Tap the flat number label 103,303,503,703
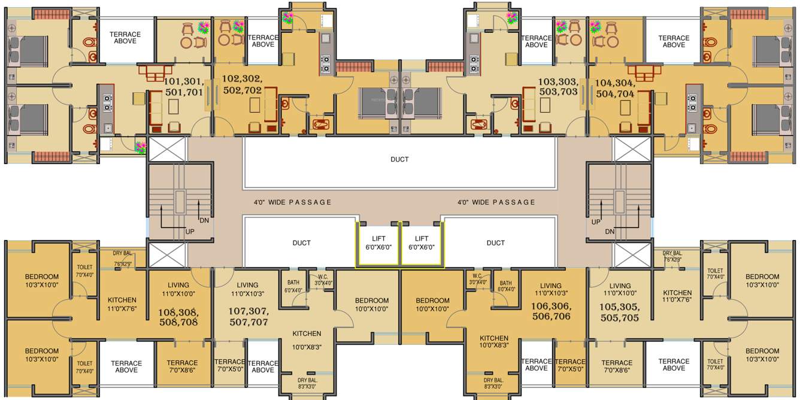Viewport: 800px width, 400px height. click(557, 86)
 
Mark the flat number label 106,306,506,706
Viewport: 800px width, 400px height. click(550, 311)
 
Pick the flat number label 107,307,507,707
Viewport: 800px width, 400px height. click(249, 317)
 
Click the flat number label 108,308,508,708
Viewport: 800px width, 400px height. click(178, 317)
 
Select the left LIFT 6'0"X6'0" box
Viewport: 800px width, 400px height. click(378, 243)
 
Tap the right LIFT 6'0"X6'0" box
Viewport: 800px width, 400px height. click(422, 243)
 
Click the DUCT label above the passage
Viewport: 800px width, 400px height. click(399, 159)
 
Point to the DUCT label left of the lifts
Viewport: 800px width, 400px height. click(302, 243)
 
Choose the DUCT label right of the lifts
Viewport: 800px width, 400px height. click(496, 243)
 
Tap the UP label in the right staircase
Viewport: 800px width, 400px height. click(596, 222)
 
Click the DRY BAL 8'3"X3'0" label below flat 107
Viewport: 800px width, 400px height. click(308, 384)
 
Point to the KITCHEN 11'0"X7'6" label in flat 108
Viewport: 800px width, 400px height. click(122, 304)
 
